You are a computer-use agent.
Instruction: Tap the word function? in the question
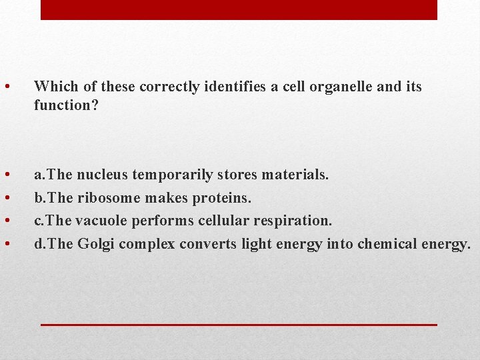point(66,105)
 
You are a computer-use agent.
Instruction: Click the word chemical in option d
point(387,244)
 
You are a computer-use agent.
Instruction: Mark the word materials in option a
point(295,175)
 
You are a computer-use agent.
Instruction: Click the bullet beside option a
point(6,175)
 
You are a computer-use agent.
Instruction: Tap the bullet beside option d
point(6,245)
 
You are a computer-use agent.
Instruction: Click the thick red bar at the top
point(239,9)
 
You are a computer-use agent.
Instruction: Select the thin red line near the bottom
point(239,324)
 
